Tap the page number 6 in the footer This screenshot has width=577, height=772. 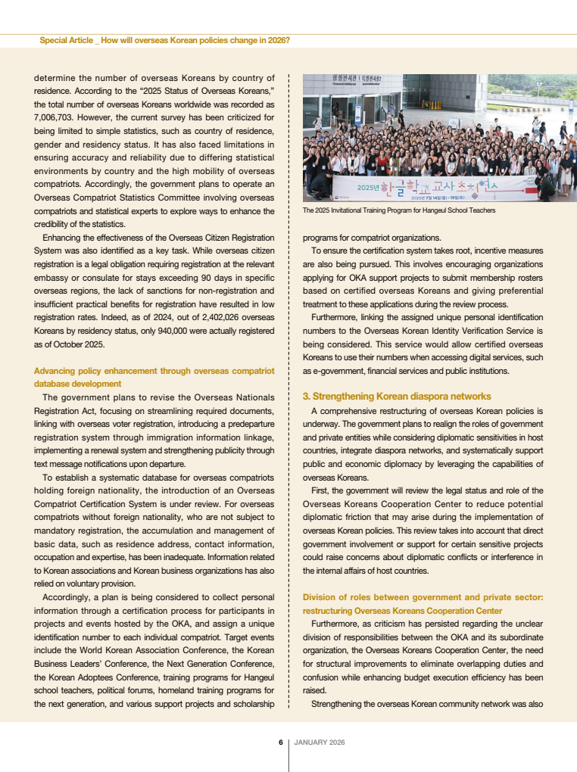(x=280, y=742)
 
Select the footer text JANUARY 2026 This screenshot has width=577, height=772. (x=320, y=742)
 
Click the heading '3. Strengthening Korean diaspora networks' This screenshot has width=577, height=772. (x=396, y=396)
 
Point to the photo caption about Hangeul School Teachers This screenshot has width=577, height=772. (x=398, y=210)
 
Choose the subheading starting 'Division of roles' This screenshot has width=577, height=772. (x=423, y=597)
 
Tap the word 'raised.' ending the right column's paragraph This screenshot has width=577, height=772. (x=314, y=691)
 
